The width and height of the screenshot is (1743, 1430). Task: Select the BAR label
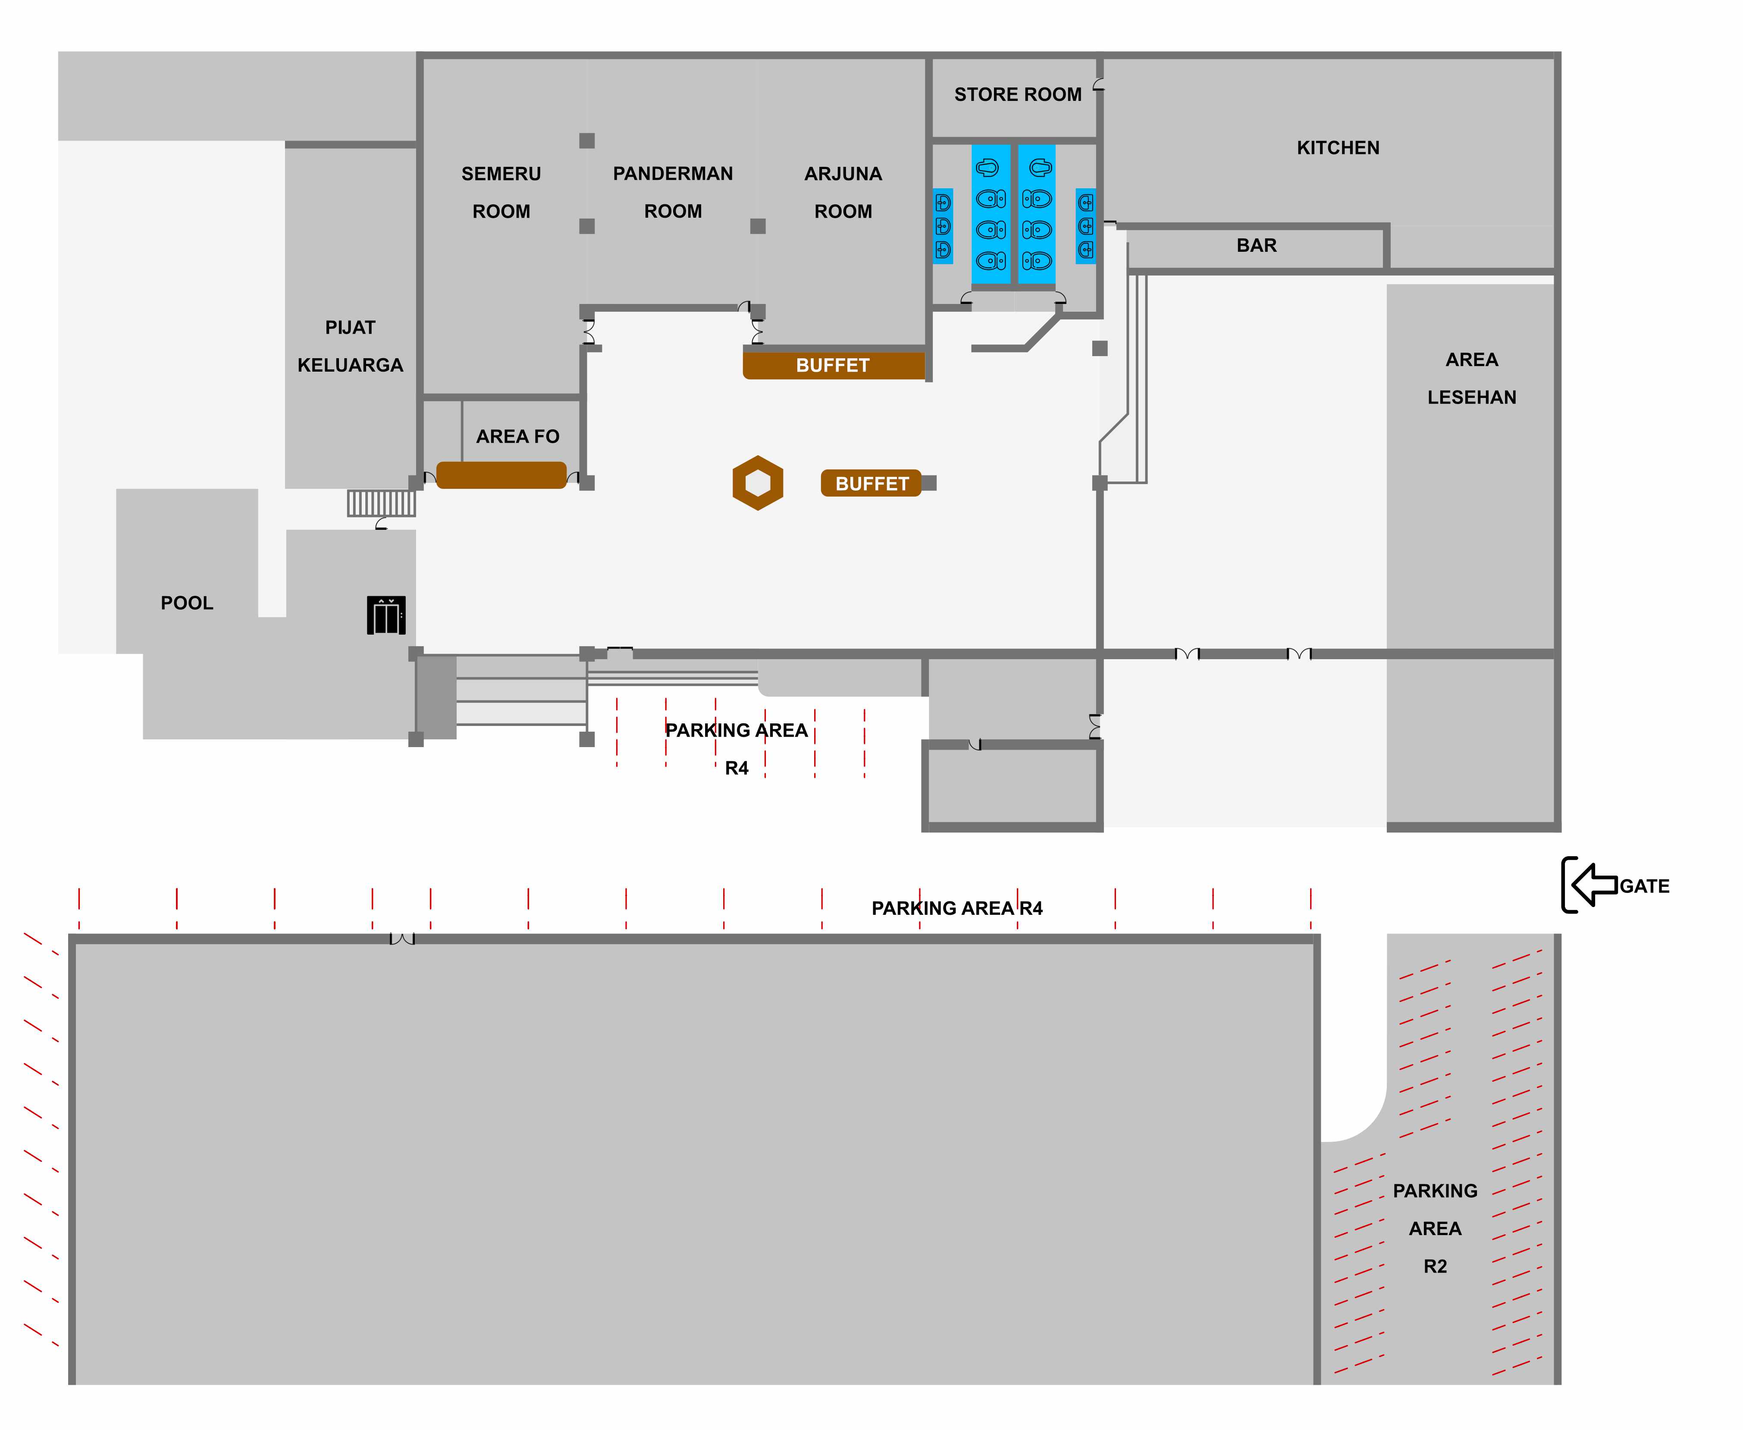[x=1256, y=245]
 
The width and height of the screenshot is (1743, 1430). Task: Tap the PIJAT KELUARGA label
[x=350, y=346]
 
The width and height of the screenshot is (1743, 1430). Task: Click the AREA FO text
[x=517, y=437]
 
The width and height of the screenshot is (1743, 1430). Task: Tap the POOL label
[x=187, y=603]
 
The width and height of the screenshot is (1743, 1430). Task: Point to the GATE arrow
[x=1594, y=885]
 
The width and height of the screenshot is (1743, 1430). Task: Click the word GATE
[x=1644, y=886]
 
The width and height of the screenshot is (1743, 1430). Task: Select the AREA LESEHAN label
[x=1471, y=378]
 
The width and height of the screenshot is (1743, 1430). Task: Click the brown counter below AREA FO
[x=501, y=475]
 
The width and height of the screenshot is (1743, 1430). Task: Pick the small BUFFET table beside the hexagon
[x=871, y=484]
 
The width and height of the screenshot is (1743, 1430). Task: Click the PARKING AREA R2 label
[x=1435, y=1228]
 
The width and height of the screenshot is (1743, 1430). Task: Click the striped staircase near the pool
[x=381, y=503]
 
